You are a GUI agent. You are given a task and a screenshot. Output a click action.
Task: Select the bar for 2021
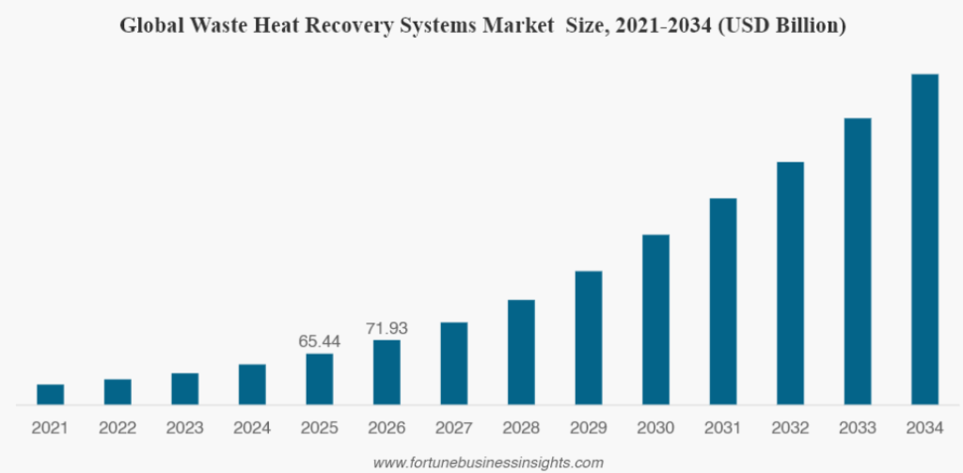51,394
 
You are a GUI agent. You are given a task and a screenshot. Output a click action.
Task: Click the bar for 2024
252,385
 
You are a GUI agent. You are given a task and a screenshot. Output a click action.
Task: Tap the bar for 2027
454,364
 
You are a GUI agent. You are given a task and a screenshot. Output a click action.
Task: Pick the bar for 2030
655,320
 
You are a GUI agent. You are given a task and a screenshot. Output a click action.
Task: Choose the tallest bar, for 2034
925,240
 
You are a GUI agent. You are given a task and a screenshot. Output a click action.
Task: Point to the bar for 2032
790,283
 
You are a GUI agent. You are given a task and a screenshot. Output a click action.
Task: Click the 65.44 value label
320,341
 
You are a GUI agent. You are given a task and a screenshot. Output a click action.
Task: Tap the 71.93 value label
387,328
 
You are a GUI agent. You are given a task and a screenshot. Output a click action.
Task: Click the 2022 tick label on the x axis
118,428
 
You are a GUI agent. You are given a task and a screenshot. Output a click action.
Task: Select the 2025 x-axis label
320,428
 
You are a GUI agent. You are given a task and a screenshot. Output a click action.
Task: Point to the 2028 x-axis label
521,428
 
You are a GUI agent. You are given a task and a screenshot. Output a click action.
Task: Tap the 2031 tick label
723,428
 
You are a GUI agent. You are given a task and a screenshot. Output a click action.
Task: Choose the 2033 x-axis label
858,428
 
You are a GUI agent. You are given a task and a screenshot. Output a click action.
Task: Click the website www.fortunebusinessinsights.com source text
488,463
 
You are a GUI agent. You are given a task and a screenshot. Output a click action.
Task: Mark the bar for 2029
589,338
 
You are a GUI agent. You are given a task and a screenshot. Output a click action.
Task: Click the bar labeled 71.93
387,372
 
